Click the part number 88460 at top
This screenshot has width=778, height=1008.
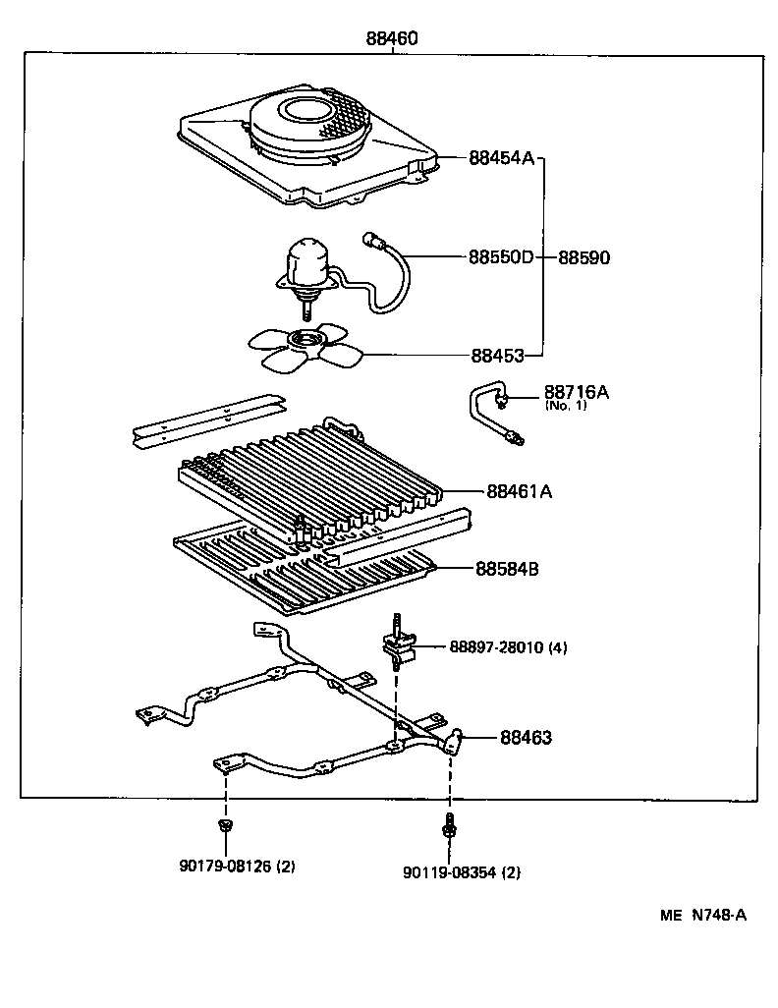(392, 39)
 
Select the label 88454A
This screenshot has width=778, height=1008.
(501, 157)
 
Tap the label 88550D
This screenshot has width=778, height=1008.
(501, 257)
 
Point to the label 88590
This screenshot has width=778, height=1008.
(584, 257)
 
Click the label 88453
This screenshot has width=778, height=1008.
(497, 356)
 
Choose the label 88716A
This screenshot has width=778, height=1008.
(577, 392)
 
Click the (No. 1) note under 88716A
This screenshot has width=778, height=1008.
(566, 406)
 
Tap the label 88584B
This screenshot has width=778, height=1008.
(513, 568)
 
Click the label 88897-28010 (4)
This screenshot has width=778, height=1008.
(508, 647)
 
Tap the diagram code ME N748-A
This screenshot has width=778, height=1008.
(703, 916)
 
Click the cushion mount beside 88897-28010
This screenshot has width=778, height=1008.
(397, 644)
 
